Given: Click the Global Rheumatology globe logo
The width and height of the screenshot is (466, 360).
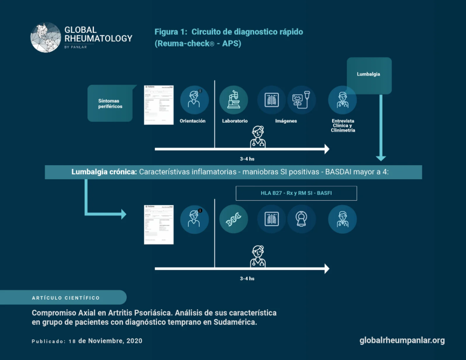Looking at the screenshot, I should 46,37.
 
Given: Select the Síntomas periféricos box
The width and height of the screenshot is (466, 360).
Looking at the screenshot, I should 110,103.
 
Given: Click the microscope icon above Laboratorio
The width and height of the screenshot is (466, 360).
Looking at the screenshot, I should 234,100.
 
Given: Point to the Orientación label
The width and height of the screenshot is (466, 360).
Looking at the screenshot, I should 193,121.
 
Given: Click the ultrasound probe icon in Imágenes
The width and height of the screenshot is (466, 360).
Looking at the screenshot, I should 301,100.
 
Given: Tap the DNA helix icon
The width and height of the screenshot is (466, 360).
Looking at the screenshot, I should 234,219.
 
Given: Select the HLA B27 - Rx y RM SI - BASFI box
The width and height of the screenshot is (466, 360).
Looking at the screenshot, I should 296,193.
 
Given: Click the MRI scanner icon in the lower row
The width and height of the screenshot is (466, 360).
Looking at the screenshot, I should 301,219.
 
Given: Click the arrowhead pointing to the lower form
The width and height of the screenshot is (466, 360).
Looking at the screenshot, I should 122,214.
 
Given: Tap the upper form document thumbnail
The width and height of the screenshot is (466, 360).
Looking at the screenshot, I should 159,104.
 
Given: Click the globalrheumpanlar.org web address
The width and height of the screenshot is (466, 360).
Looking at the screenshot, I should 402,340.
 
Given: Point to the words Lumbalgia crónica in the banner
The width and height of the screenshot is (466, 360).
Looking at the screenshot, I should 104,172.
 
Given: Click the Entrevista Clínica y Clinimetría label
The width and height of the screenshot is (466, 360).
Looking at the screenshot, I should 343,125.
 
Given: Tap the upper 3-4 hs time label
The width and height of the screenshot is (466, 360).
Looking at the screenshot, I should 247,159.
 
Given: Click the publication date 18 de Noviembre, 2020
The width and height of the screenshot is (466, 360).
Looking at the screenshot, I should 111,341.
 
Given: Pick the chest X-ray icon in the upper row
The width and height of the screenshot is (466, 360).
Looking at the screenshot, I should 271,100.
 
